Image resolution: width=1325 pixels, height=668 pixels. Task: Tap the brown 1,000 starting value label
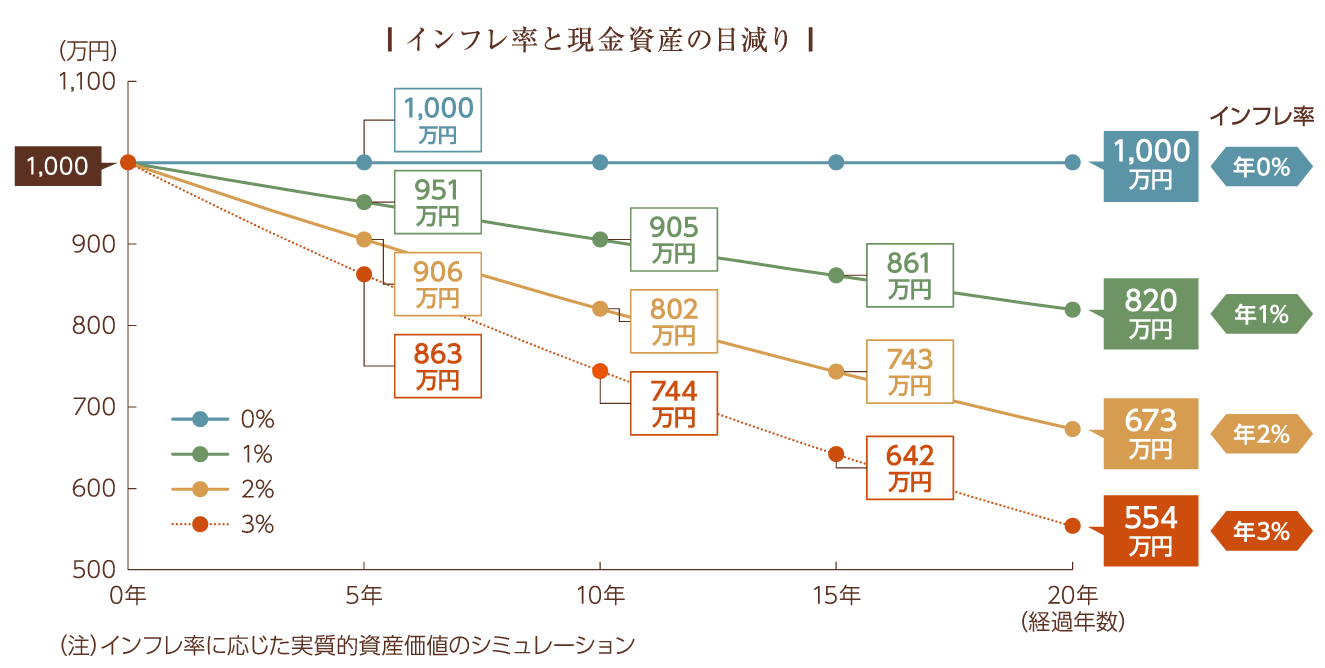[x=58, y=165]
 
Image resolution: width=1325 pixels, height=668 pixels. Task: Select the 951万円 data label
[x=438, y=201]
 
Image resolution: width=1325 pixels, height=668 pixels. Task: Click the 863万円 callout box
[x=438, y=366]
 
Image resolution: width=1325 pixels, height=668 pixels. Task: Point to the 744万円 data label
[x=673, y=403]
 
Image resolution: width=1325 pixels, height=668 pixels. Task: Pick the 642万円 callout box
[x=909, y=468]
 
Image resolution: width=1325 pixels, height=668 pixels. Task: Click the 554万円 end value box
[x=1150, y=531]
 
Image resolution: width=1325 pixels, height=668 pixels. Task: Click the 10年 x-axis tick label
[x=600, y=596]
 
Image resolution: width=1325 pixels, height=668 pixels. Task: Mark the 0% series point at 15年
[x=837, y=162]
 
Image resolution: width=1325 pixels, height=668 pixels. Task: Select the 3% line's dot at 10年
[x=600, y=371]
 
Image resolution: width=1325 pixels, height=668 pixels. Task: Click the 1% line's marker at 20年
[x=1073, y=310]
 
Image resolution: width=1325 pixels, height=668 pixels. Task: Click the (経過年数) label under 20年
[x=1074, y=622]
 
